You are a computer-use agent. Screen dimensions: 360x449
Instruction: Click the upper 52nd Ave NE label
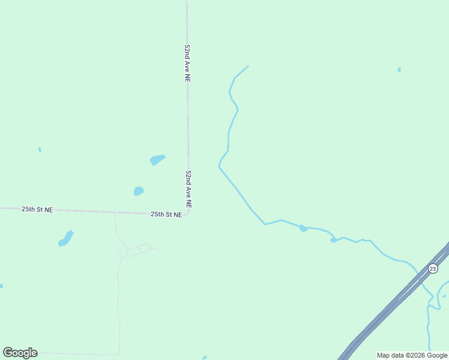click(x=188, y=62)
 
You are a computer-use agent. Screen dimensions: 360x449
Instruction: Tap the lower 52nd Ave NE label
click(x=188, y=189)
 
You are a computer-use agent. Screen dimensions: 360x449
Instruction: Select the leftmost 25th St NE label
click(x=37, y=209)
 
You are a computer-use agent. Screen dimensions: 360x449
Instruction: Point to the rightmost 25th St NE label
click(x=166, y=214)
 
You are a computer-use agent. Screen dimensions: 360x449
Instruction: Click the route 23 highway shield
click(x=433, y=268)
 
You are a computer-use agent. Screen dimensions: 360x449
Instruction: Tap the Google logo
click(x=20, y=353)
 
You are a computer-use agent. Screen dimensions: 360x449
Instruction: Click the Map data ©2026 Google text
click(x=412, y=355)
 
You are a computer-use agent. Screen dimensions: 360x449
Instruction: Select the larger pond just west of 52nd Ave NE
click(x=157, y=160)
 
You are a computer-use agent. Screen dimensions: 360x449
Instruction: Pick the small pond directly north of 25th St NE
click(x=139, y=191)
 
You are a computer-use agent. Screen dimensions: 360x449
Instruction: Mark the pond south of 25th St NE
click(x=65, y=239)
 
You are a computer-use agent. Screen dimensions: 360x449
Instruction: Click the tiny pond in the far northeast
click(x=399, y=70)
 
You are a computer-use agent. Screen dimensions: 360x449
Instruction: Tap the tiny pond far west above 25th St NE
click(x=40, y=149)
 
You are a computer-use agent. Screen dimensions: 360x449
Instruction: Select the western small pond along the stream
click(x=303, y=228)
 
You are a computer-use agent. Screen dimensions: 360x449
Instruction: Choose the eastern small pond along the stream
click(x=334, y=240)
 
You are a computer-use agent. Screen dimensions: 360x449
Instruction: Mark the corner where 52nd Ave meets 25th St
click(x=188, y=212)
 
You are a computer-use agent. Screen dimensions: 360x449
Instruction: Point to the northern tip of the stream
click(x=247, y=66)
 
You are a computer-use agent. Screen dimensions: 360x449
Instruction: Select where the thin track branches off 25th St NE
click(x=115, y=212)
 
